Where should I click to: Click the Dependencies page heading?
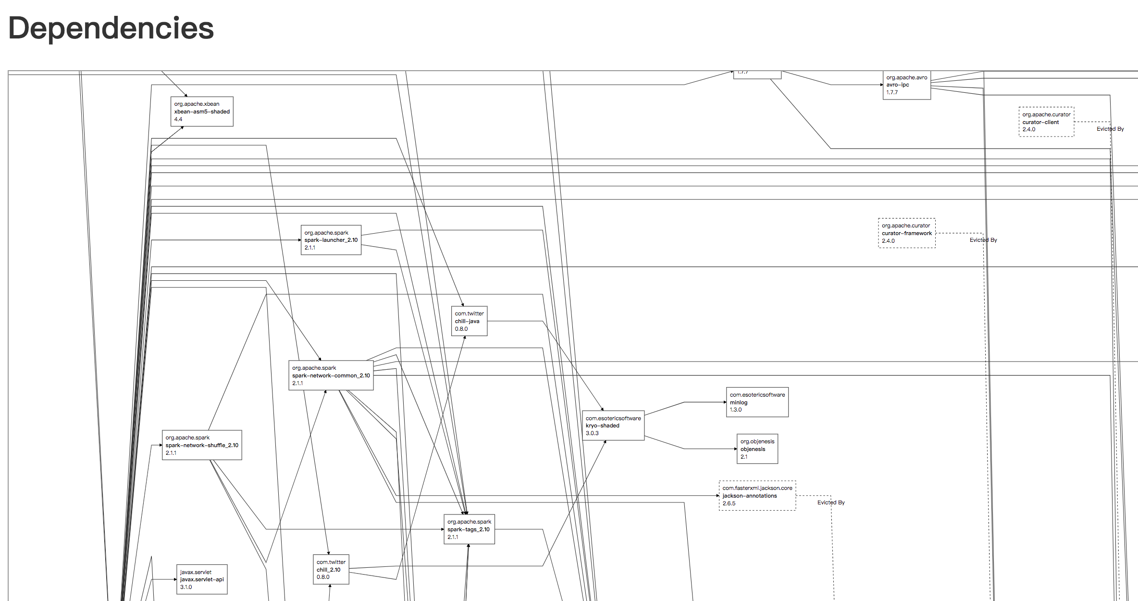pos(111,28)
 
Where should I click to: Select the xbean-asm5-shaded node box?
pos(202,112)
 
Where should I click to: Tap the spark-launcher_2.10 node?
pos(331,240)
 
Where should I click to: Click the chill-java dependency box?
pos(469,321)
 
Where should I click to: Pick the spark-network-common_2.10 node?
pos(331,376)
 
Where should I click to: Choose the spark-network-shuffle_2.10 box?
pos(202,445)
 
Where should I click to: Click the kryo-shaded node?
pos(613,426)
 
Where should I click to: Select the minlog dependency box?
pos(757,402)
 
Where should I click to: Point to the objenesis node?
pos(757,449)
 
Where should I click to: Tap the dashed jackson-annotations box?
pos(757,496)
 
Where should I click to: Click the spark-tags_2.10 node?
pos(469,529)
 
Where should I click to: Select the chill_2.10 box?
pos(331,570)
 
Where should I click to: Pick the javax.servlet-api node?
pos(202,579)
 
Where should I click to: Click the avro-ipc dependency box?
pos(906,85)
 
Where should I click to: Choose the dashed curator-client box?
pos(1046,122)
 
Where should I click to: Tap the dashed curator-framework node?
pos(906,233)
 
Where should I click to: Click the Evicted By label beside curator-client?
pos(1110,129)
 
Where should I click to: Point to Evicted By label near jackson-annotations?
pos(831,502)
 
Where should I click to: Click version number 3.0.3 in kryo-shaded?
pos(592,433)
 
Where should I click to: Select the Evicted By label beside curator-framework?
pos(983,240)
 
